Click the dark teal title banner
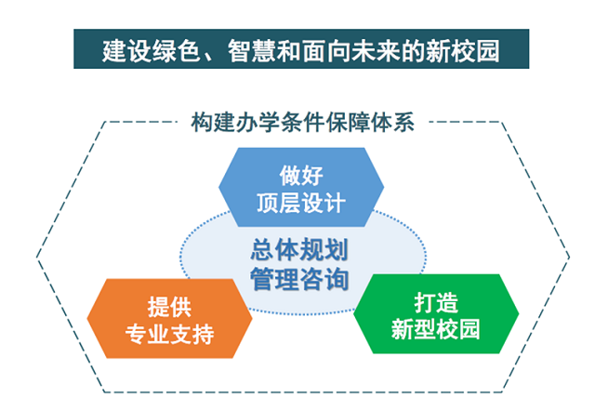301,48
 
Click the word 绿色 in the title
178,51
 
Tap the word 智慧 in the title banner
252,51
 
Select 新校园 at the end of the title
463,51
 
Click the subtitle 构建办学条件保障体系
303,122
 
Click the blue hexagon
301,187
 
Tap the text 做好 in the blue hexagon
301,176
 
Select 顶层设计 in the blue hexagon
301,203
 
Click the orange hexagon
169,318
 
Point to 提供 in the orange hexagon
169,307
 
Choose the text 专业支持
169,334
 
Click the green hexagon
436,313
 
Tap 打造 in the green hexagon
436,302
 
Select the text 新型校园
436,329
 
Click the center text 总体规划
299,250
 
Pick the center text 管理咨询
299,280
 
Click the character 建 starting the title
115,51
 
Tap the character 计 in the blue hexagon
335,203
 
